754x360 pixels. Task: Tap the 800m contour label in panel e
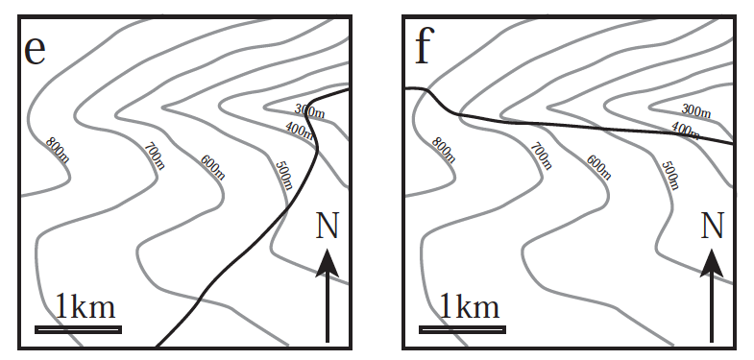(x=58, y=149)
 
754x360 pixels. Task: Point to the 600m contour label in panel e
(x=213, y=166)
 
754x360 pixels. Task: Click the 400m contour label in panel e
(x=300, y=130)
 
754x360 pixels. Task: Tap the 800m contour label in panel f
(x=443, y=149)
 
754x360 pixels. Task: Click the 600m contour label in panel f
(x=597, y=166)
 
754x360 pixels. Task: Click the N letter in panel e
(x=328, y=227)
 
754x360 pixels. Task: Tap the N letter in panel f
(x=712, y=227)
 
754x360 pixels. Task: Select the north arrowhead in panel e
(x=328, y=262)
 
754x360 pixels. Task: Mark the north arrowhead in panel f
(x=712, y=262)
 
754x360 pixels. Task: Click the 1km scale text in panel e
(x=85, y=307)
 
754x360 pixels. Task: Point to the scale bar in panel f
(x=462, y=329)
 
